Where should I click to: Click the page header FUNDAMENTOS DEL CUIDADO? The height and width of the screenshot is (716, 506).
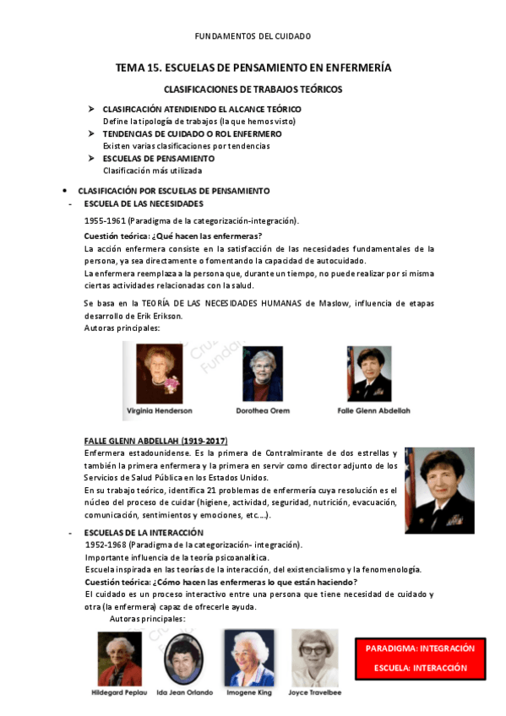253,36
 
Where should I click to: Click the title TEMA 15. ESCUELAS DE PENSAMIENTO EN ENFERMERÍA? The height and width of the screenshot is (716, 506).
253,68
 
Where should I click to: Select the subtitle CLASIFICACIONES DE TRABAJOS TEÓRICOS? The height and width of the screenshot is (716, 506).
253,89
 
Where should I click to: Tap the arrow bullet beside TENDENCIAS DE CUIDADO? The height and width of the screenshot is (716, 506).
93,133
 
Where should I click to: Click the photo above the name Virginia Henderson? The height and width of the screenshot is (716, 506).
159,372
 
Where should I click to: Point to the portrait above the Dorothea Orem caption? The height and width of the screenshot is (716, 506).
262,373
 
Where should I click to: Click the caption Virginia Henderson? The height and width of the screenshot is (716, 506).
159,410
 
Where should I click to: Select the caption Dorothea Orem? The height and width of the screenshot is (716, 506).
262,410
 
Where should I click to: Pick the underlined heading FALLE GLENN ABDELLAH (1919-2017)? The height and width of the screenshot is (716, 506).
155,442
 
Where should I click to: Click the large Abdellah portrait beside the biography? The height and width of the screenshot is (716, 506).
439,491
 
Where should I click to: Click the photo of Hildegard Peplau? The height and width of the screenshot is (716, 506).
119,659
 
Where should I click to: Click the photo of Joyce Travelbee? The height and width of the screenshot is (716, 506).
314,657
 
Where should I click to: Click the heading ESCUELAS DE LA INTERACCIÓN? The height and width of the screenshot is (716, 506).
144,533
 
